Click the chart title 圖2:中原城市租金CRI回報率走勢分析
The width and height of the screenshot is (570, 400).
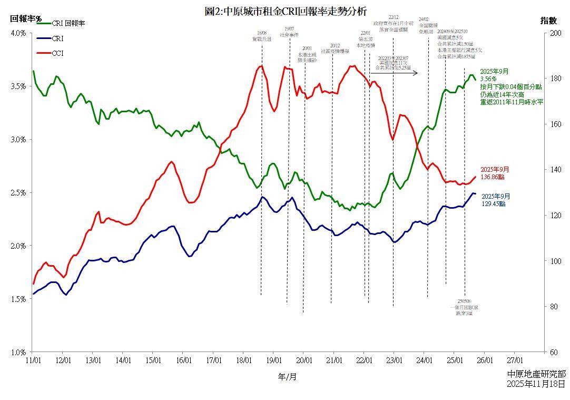pyautogui.click(x=285, y=11)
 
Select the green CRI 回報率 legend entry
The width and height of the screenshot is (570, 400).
pyautogui.click(x=68, y=23)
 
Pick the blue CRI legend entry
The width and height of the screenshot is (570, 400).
pyautogui.click(x=57, y=38)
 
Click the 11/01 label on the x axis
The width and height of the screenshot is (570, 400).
pyautogui.click(x=33, y=360)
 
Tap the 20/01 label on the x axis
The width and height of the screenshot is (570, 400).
pyautogui.click(x=303, y=360)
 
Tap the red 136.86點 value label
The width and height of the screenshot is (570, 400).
pyautogui.click(x=494, y=177)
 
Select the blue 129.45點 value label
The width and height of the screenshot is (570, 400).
pyautogui.click(x=494, y=203)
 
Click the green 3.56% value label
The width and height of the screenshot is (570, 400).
pyautogui.click(x=488, y=79)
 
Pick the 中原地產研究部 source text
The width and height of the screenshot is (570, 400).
pyautogui.click(x=537, y=374)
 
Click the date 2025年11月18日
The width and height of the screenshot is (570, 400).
pyautogui.click(x=537, y=384)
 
